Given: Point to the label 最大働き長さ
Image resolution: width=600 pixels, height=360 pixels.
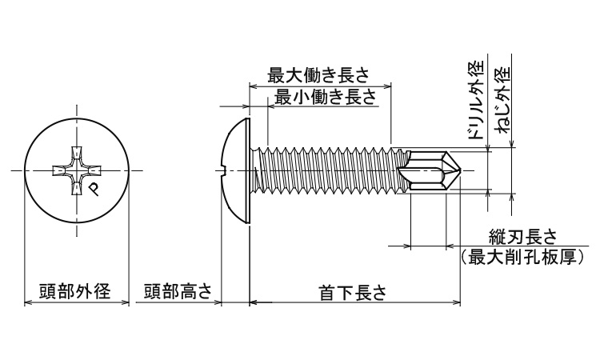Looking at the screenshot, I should tap(318, 75).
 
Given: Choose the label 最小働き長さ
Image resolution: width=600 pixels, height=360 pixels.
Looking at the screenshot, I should tap(325, 97).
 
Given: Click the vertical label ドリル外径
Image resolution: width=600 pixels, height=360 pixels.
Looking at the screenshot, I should tap(476, 100).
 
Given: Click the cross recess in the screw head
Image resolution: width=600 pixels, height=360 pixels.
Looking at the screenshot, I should tap(78, 170).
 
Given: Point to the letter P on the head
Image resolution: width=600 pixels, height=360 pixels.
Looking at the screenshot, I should tap(94, 188).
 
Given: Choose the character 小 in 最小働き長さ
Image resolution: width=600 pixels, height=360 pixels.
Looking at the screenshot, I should tap(303, 97).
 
